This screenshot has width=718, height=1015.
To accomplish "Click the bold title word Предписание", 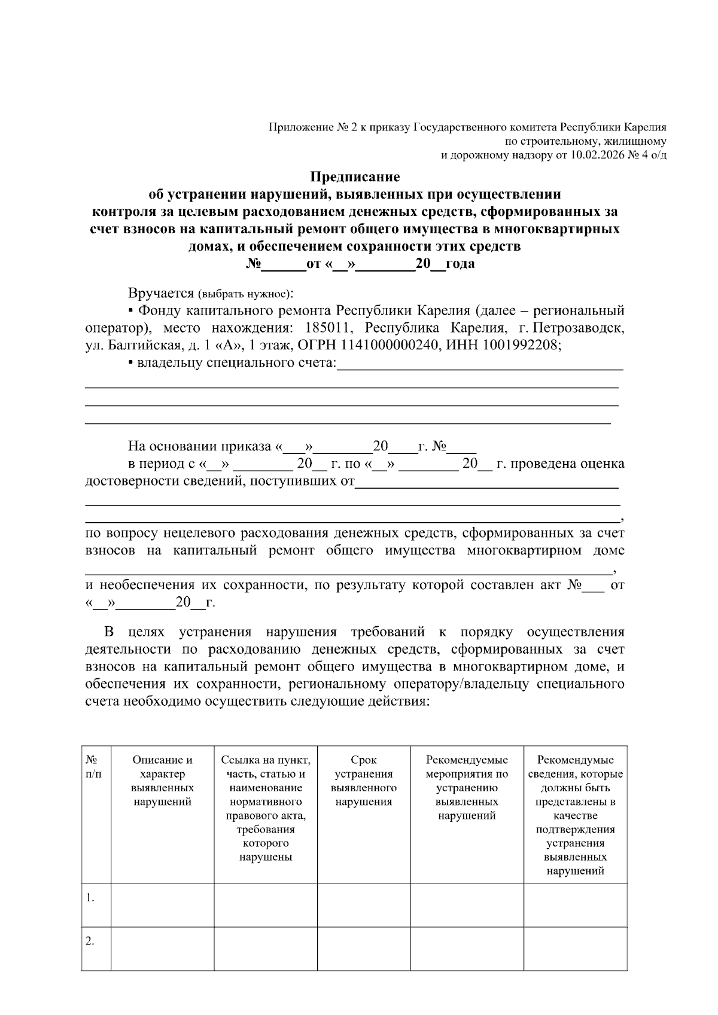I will point(354,177).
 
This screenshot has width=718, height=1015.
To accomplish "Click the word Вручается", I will point(161,294).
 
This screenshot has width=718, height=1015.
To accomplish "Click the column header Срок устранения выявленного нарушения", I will point(363,781).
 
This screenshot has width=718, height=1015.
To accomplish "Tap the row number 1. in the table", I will point(90,898).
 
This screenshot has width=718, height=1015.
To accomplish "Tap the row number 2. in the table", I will point(90,941).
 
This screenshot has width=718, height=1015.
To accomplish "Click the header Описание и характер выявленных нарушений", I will point(162,781).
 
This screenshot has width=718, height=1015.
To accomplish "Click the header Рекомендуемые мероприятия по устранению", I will point(467,787).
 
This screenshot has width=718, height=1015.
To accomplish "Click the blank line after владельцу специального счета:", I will point(479,366).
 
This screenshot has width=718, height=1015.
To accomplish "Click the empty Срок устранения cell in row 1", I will point(363,905).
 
